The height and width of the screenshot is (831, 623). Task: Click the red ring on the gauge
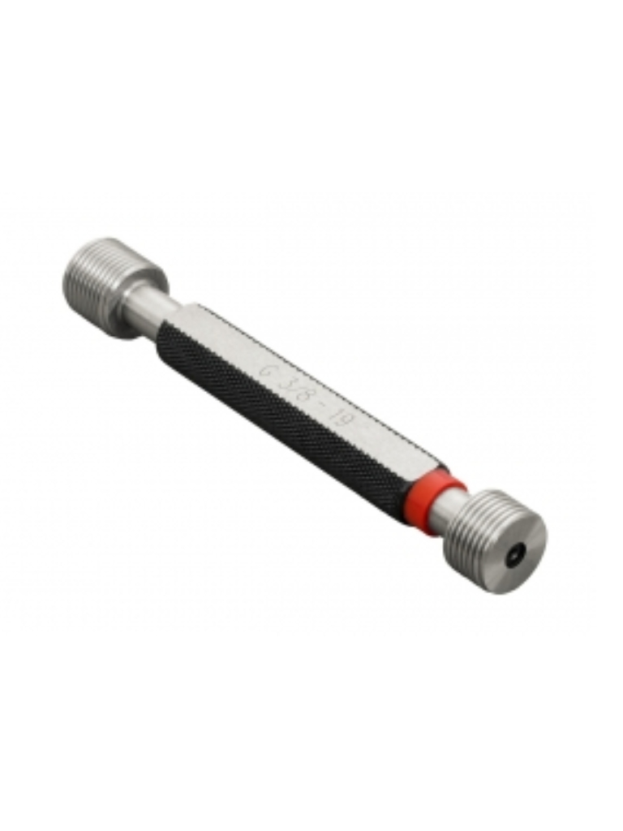(433, 494)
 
